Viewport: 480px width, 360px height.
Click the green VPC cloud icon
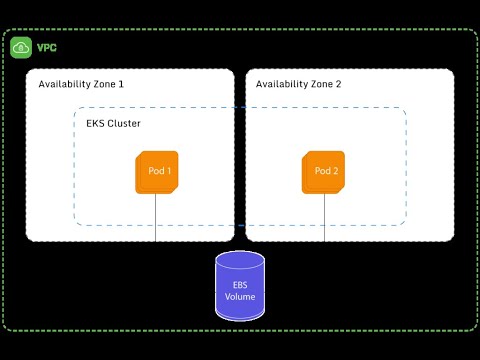tap(21, 48)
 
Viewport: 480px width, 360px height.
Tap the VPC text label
tap(47, 48)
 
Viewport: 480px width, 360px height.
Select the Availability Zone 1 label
tap(81, 84)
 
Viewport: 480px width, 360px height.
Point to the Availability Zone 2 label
tap(298, 84)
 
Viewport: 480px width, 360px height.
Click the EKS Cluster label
tap(113, 123)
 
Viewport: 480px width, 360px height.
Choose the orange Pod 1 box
tap(157, 172)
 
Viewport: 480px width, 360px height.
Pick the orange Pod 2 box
tap(323, 172)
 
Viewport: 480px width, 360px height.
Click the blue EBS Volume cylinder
tap(240, 286)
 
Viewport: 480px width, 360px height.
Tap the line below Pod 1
tap(155, 218)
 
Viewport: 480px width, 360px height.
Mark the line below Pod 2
tap(324, 218)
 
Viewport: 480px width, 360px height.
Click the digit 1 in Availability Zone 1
tap(121, 84)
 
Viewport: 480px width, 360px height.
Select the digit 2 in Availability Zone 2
tap(338, 84)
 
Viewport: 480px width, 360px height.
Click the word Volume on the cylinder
tap(240, 296)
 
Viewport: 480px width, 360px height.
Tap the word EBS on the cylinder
tap(240, 285)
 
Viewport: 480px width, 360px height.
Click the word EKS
tap(95, 123)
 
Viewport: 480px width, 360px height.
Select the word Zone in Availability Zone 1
tap(104, 84)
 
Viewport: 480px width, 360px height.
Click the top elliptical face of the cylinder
tap(240, 260)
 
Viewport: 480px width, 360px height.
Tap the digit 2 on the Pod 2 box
tap(335, 171)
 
